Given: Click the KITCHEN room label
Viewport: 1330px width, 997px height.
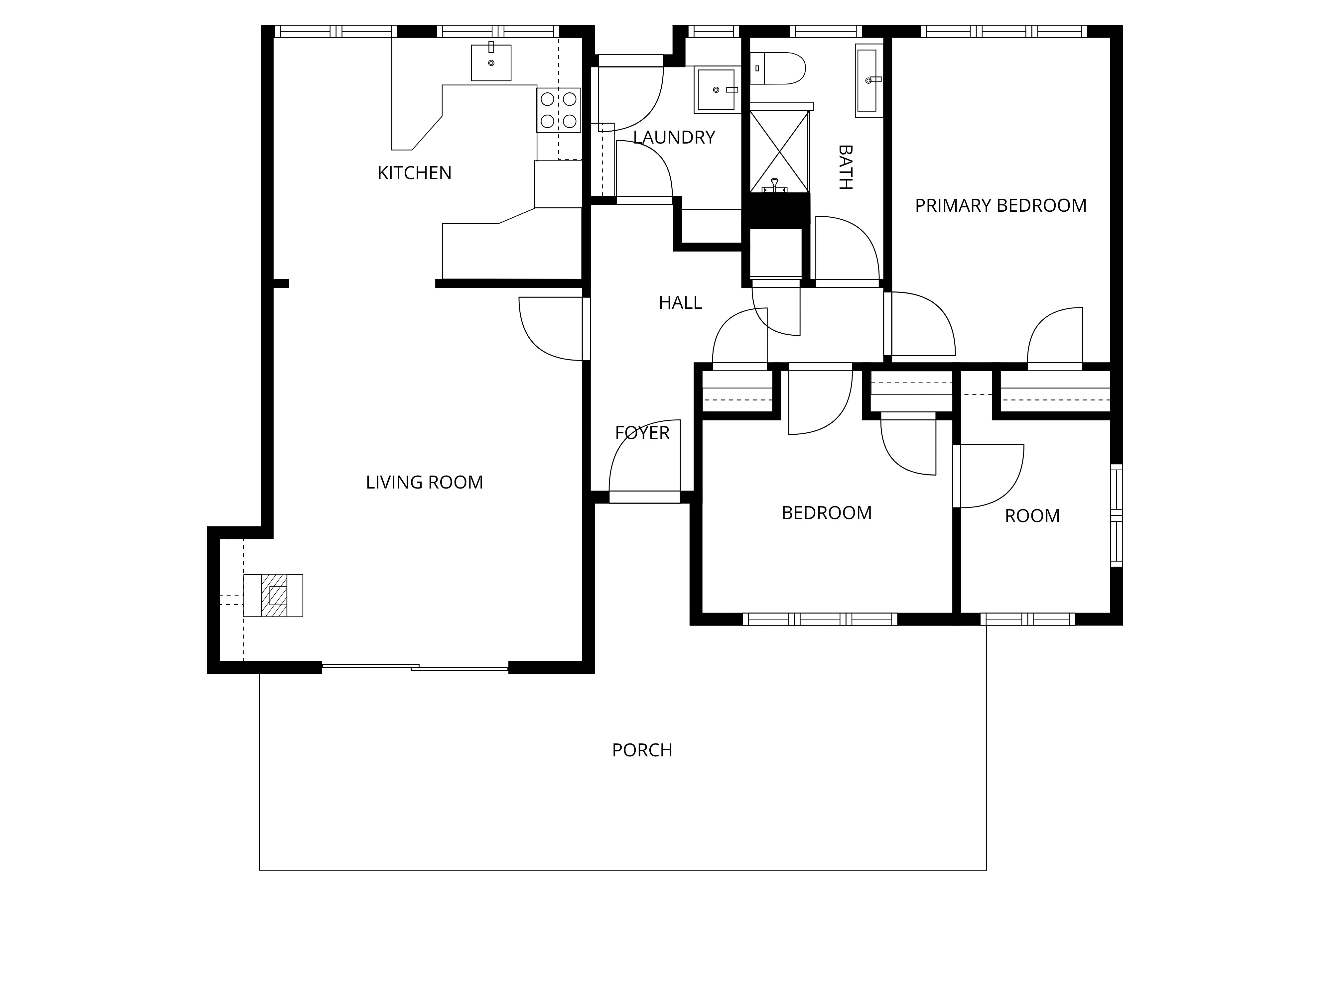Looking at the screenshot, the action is point(414,173).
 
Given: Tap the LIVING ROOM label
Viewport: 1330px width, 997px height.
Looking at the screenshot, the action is point(425,483).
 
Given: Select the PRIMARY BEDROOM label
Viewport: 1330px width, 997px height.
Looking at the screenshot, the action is point(1000,205).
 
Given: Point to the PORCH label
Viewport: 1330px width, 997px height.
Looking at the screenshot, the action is point(642,750).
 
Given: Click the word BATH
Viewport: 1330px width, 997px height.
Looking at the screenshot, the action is point(845,167).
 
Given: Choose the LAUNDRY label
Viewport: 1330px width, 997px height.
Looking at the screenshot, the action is point(674,138).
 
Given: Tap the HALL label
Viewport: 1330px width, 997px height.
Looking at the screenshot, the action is point(680,302).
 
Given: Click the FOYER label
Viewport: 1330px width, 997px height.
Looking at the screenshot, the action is point(642,433).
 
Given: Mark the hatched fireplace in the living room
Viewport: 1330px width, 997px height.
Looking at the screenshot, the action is point(273,596).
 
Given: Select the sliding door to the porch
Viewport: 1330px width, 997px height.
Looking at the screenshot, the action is point(415,668).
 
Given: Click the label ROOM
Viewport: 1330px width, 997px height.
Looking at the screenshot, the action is point(1032,516).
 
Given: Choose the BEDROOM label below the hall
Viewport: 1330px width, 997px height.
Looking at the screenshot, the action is point(827,513).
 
